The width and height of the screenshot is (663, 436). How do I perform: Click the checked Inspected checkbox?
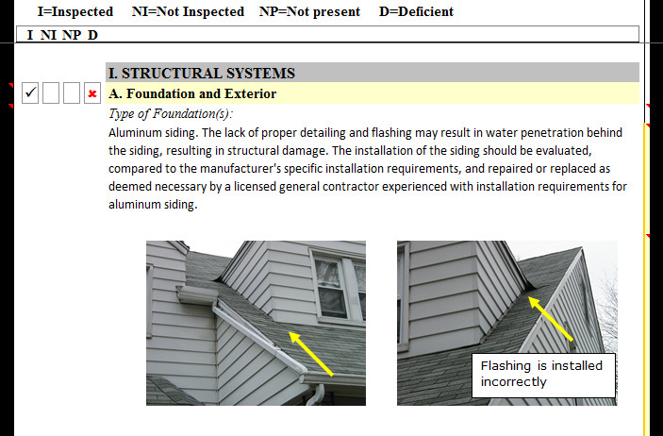30,93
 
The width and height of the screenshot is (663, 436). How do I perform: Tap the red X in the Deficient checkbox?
92,94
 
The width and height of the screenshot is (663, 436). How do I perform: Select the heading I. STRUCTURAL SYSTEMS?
202,74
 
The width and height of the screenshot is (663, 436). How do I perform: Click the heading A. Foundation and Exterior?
192,93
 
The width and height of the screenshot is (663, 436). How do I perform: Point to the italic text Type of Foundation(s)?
171,114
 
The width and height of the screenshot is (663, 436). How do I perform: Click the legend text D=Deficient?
416,11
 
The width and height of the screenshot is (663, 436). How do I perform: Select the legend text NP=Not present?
309,11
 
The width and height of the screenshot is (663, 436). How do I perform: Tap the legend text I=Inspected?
75,11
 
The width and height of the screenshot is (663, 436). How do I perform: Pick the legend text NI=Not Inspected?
188,11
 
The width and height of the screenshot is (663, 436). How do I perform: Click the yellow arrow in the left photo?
311,354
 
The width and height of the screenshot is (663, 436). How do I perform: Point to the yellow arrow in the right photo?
551,319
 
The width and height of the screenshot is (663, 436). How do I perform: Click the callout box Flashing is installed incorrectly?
543,376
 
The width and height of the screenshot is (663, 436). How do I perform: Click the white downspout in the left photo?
317,394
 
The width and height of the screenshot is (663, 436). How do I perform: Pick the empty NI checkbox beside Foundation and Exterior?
51,93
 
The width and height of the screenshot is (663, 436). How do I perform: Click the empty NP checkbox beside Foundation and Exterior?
72,93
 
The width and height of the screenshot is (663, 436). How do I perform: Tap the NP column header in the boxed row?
72,35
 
